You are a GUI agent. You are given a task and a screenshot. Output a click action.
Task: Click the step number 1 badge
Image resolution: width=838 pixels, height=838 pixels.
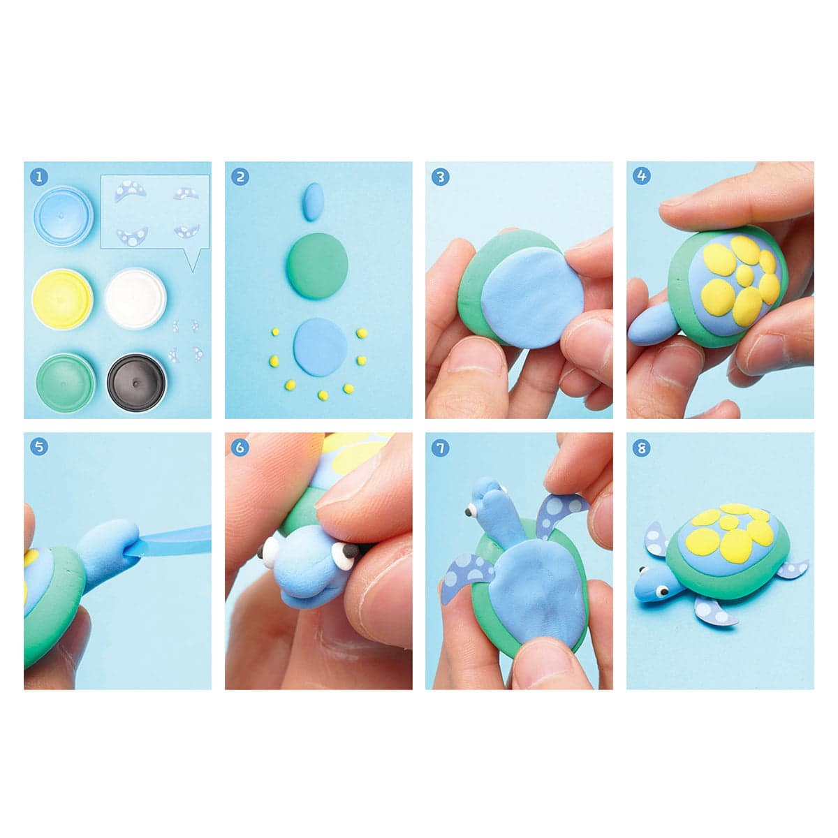(x=40, y=177)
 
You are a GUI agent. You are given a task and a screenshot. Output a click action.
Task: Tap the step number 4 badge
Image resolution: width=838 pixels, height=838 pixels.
(x=642, y=177)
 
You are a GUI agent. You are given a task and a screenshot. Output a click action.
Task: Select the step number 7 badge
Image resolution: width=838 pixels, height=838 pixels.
(x=441, y=448)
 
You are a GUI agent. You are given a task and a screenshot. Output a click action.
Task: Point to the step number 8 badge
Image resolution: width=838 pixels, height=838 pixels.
(x=642, y=448)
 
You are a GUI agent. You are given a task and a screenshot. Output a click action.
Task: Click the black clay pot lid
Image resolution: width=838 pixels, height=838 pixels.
(x=137, y=383)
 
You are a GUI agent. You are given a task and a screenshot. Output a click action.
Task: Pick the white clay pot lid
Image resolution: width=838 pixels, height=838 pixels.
(x=135, y=298)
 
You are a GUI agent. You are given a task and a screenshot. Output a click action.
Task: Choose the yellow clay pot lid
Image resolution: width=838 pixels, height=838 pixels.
(x=63, y=299)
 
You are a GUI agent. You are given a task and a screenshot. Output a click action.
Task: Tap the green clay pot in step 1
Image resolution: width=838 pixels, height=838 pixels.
(x=66, y=383)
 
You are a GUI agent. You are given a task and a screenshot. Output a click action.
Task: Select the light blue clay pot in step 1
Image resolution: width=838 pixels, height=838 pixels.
(x=64, y=216)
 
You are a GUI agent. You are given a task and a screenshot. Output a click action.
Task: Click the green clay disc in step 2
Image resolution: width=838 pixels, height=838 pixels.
(x=318, y=265)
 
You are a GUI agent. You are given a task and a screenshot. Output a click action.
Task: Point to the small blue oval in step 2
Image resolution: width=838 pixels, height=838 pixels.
(x=313, y=201)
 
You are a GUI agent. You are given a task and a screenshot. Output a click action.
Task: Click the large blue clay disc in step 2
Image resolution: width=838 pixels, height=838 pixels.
(x=321, y=347)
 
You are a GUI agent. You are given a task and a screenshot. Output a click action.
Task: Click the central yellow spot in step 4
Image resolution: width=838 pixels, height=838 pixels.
(x=745, y=274)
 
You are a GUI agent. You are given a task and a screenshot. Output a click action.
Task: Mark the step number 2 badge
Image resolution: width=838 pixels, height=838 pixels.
(x=240, y=177)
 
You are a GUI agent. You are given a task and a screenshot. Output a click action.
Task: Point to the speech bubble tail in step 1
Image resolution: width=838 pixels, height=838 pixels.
(x=193, y=260)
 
